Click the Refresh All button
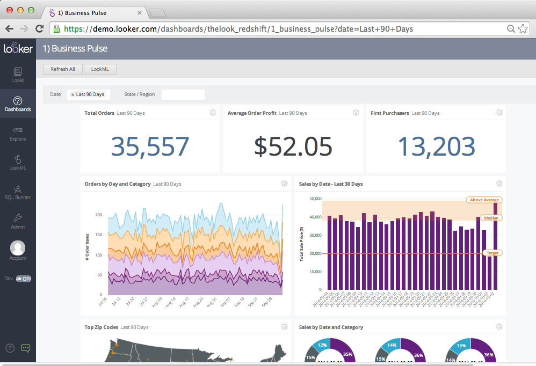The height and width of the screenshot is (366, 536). coord(62,69)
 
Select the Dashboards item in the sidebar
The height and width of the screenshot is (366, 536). coord(18,104)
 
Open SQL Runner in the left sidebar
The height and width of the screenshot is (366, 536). coord(18,192)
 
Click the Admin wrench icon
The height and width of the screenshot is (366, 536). coord(18,217)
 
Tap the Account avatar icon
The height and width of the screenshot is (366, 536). coord(18,248)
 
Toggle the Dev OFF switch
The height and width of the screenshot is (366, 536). coord(24,279)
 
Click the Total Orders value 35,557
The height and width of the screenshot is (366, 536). coord(150,147)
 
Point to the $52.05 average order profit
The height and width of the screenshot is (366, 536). coord(293,147)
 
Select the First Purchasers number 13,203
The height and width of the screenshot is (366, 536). coord(437,147)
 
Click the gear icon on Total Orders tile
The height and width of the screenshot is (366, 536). coord(213,113)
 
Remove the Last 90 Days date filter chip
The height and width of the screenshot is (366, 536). coord(73,95)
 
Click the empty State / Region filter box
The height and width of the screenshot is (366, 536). coord(183,94)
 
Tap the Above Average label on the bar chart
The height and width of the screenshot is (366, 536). coord(484,200)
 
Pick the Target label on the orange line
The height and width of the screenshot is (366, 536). coord(492,253)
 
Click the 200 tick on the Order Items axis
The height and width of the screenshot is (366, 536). coord(98,215)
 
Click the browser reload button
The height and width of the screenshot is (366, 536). coord(39,28)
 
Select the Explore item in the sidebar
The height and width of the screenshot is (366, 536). coord(18,133)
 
